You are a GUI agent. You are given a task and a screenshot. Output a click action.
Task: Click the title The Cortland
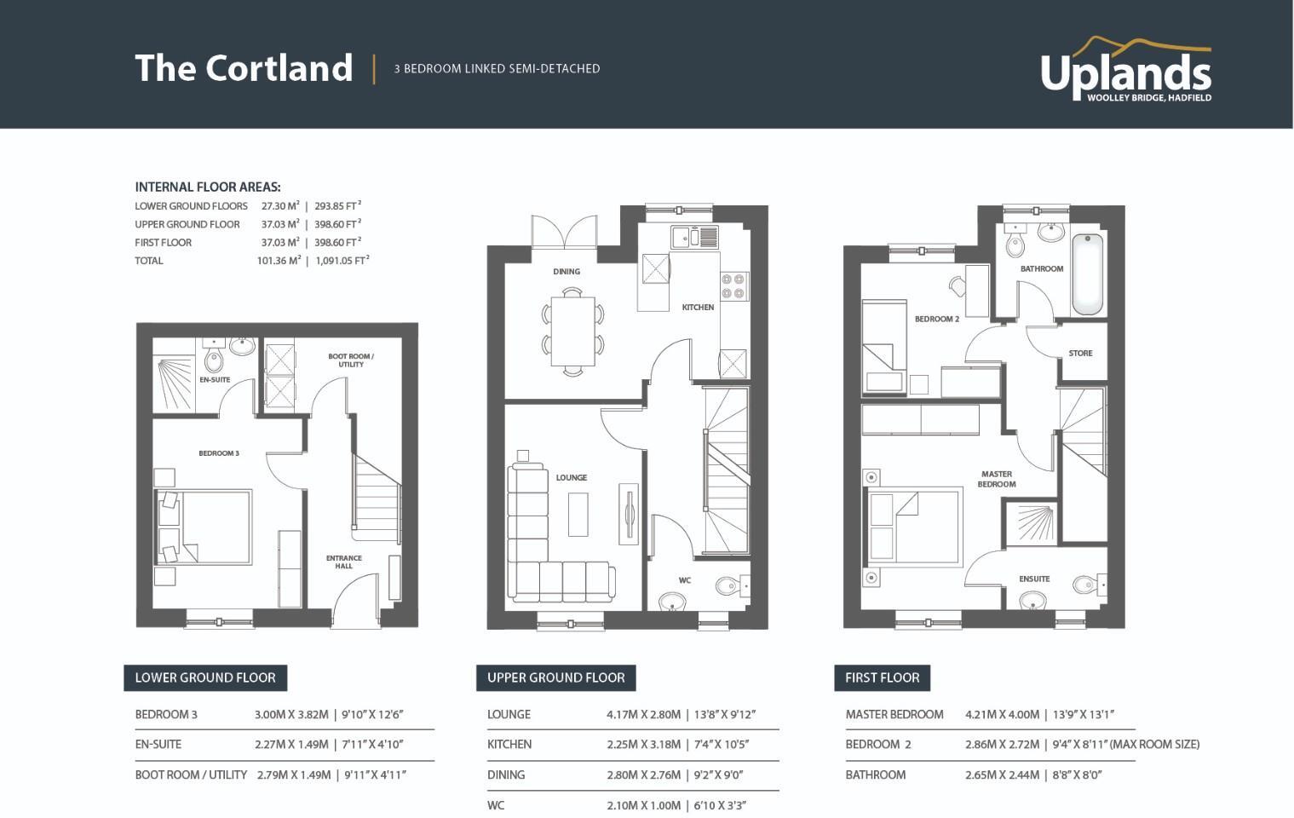point(244,68)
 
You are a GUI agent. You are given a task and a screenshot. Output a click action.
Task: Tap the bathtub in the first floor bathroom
point(1087,274)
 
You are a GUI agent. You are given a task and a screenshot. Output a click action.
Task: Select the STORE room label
point(1080,353)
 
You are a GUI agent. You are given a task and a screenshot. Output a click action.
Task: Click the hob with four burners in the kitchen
point(734,285)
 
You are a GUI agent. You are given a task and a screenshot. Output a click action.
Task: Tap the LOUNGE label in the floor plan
point(571,477)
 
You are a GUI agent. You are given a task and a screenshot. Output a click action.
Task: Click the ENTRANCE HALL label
point(343,562)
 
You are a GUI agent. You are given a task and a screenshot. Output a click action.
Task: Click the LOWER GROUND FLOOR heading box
point(205,678)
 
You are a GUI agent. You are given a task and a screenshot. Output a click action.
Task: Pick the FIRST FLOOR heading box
point(882,678)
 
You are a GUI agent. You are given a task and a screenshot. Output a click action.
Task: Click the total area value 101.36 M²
point(279,261)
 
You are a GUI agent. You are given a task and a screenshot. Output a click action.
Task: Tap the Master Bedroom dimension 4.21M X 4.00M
point(1002,715)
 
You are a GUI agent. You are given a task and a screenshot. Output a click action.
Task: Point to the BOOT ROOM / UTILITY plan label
point(351,360)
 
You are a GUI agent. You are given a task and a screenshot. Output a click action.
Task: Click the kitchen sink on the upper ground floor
point(694,237)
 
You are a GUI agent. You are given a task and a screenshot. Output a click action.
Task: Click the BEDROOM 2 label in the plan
point(936,319)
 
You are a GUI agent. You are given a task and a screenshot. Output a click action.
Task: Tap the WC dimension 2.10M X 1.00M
point(643,805)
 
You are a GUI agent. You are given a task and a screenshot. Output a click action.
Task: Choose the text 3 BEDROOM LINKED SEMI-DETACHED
point(497,69)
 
